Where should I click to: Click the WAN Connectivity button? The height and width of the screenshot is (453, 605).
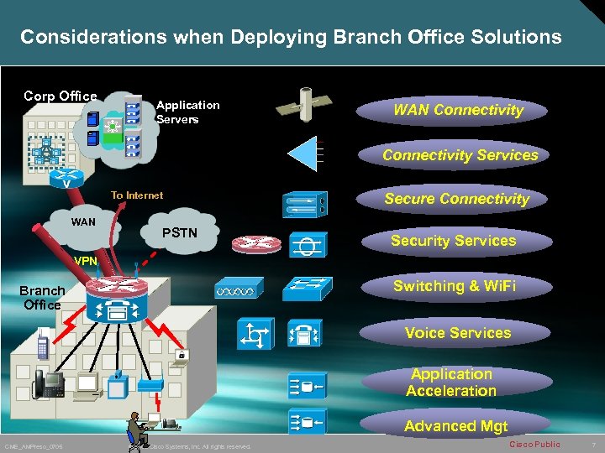(458, 110)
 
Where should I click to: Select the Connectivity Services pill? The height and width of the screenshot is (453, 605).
(460, 155)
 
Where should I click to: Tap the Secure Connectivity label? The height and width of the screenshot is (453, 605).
(456, 199)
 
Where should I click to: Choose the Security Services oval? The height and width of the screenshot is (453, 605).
(453, 241)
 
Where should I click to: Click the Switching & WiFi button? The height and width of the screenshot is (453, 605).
(454, 286)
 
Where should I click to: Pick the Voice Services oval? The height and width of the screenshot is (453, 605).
(457, 333)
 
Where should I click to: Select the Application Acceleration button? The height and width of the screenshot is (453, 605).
(451, 383)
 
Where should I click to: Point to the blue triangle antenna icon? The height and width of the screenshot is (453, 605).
(305, 154)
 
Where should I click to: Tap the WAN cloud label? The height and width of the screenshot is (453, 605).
(83, 222)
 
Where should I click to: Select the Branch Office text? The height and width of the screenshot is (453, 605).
(42, 298)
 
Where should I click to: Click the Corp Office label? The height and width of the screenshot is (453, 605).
(60, 96)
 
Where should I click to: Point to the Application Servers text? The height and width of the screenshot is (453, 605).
(187, 112)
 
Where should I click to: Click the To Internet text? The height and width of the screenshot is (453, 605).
(137, 195)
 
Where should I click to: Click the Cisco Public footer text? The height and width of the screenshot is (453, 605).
(534, 444)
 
